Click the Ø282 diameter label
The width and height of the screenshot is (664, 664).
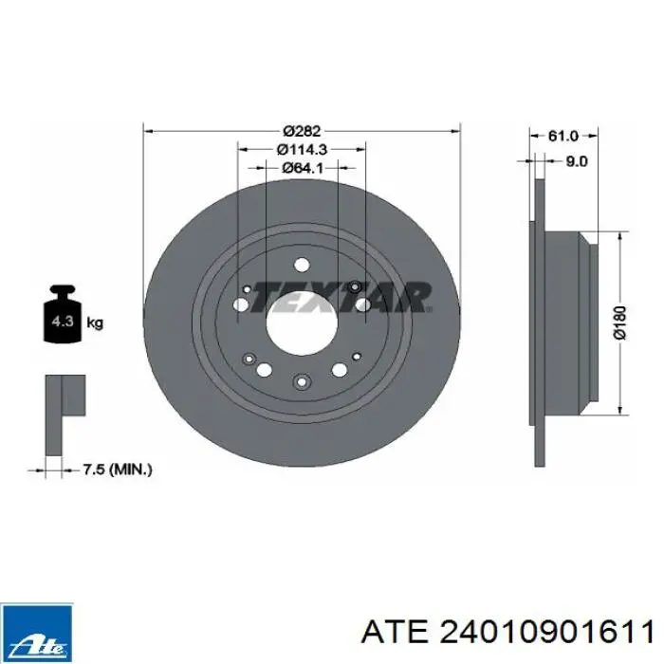[302, 131]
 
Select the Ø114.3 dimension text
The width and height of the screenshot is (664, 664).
[302, 150]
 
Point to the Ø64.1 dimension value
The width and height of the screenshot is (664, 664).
[303, 168]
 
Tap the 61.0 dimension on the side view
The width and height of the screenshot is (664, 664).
[563, 136]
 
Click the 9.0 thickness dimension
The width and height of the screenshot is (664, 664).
[577, 161]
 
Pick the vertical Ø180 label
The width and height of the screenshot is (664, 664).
[619, 323]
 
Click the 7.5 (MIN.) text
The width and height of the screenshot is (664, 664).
[117, 470]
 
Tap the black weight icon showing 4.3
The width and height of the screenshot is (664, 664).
[63, 314]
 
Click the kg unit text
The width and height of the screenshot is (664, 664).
[95, 323]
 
